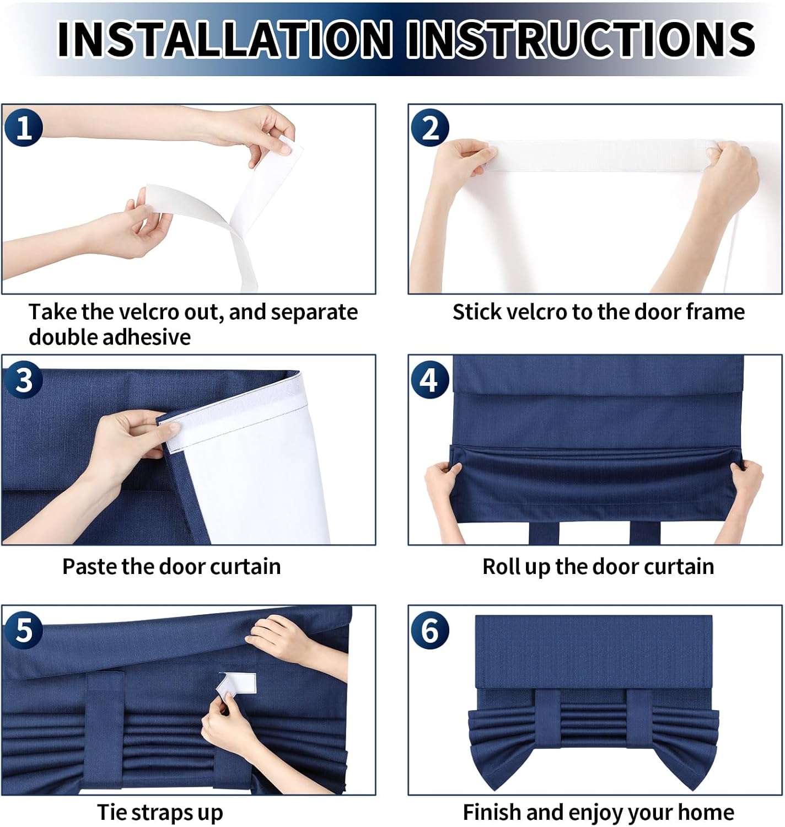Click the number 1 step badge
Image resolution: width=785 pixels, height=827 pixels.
click(24, 127)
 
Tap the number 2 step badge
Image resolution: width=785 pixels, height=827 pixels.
click(429, 127)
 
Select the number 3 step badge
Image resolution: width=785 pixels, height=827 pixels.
click(24, 380)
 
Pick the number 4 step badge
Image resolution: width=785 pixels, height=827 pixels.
click(429, 380)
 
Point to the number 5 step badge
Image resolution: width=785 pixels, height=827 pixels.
click(24, 630)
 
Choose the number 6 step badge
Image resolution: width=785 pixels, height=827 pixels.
click(429, 630)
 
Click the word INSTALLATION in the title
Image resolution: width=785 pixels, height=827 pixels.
click(224, 39)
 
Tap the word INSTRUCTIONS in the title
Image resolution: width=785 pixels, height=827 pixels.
click(581, 39)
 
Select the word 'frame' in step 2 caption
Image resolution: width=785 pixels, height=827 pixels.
click(715, 312)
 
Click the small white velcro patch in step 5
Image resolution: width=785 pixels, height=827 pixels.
click(236, 684)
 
